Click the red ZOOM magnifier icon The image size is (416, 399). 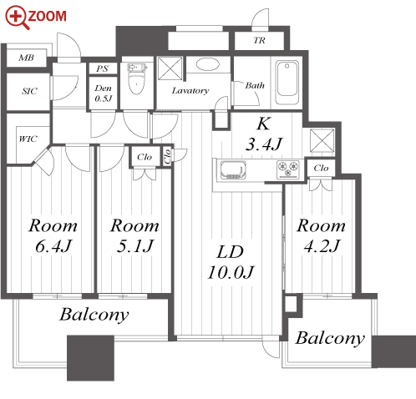[x=16, y=18]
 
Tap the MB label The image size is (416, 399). [x=26, y=58]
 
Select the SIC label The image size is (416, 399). [x=29, y=91]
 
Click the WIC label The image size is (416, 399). [x=28, y=139]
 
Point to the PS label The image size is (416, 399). [x=102, y=68]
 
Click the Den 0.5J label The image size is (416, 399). [x=103, y=93]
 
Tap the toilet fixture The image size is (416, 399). [x=137, y=78]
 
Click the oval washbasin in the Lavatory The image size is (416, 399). [x=207, y=64]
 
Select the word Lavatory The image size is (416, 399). [x=190, y=91]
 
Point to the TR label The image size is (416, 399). [x=259, y=41]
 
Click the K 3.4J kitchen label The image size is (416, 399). [x=263, y=134]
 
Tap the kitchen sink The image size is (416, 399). [x=233, y=169]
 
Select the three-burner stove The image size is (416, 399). [x=288, y=169]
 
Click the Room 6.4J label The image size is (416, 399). [x=53, y=235]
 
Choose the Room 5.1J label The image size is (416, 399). [x=134, y=235]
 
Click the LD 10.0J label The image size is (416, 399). [x=231, y=262]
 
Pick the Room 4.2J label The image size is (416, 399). [x=321, y=235]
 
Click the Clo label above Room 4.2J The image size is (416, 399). [x=321, y=168]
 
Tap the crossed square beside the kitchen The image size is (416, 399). [x=322, y=140]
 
